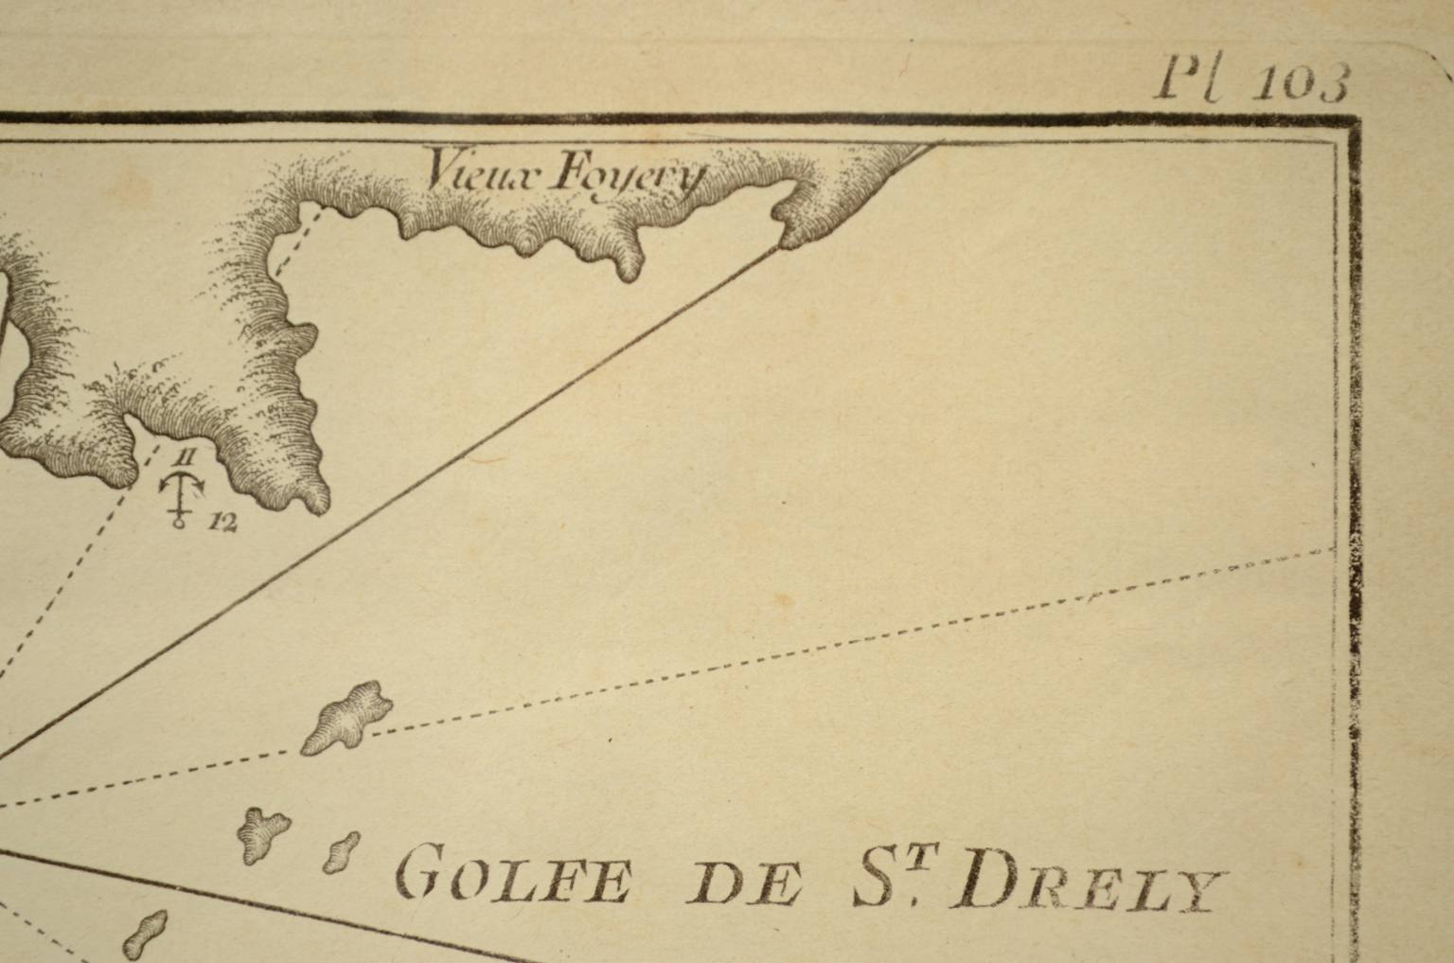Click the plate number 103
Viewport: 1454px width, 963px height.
click(1300, 84)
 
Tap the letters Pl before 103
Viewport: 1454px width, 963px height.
click(1189, 80)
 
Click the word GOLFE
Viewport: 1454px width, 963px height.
click(512, 877)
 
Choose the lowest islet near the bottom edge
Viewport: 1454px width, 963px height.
click(145, 934)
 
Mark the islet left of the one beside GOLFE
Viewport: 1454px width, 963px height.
click(261, 832)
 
